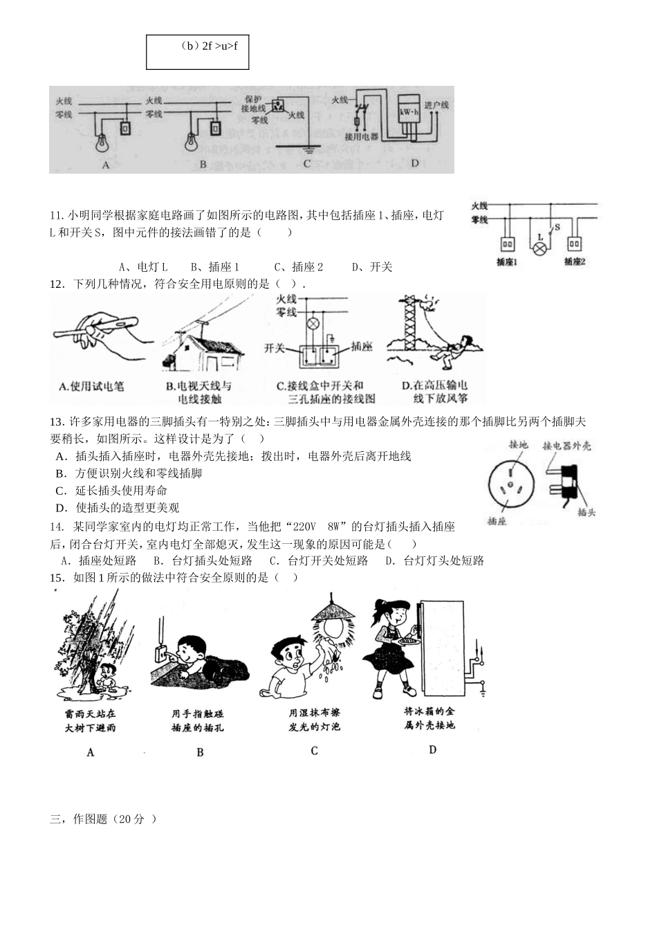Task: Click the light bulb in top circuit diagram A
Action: coord(103,142)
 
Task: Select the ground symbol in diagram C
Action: coord(308,147)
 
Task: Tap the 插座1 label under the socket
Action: coord(508,262)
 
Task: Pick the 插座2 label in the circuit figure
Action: coord(575,262)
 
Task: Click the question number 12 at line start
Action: coord(57,284)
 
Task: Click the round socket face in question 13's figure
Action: coord(510,484)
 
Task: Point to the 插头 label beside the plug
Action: coord(586,513)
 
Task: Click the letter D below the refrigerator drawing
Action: coord(433,749)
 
